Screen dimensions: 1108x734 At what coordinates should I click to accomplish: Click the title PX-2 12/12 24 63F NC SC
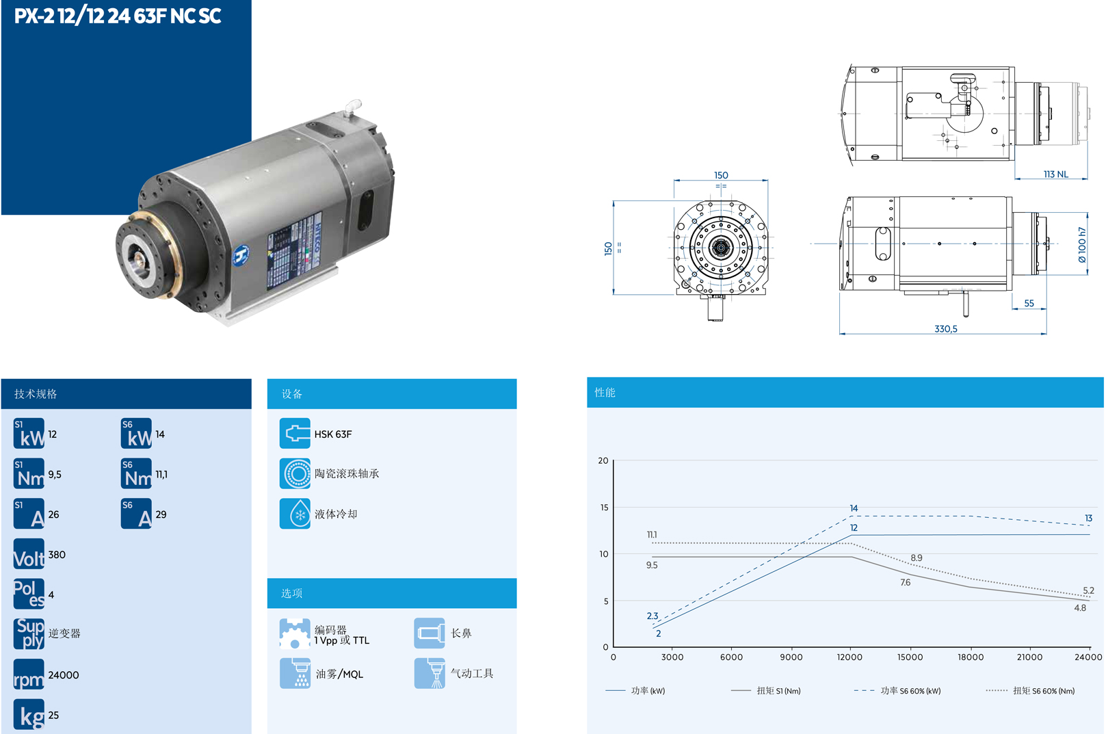[x=118, y=16]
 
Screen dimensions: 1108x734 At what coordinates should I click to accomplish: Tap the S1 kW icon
[x=29, y=433]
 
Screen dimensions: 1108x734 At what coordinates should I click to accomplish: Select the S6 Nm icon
[x=136, y=473]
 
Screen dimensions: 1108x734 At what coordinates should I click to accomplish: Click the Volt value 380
[x=57, y=555]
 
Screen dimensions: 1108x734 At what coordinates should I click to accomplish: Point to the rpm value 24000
[x=64, y=674]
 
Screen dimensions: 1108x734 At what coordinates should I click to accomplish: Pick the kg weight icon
[x=29, y=714]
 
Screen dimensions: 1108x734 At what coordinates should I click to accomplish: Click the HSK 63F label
[x=333, y=434]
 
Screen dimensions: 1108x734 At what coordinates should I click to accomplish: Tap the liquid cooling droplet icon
[x=295, y=514]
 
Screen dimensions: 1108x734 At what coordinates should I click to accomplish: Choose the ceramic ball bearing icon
[x=295, y=473]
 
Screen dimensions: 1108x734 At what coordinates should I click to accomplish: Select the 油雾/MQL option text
[x=339, y=674]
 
